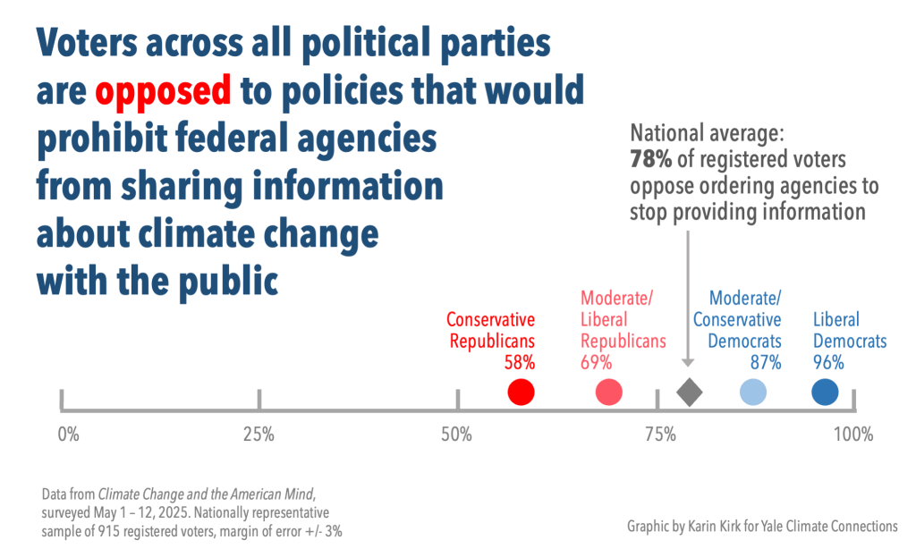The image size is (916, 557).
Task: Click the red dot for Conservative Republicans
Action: tap(521, 392)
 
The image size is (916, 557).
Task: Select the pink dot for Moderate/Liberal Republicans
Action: tap(608, 392)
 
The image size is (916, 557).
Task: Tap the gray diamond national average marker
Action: tap(689, 392)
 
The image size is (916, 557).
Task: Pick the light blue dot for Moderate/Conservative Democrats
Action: tap(753, 392)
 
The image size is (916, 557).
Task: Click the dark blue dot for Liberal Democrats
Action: tap(825, 392)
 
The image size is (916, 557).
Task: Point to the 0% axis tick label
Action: tap(68, 435)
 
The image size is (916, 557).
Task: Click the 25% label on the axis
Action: tap(259, 435)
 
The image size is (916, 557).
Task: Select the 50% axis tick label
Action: tap(457, 435)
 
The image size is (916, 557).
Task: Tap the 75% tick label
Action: tap(660, 435)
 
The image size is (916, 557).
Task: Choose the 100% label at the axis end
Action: tap(853, 435)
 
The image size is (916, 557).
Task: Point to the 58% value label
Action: tap(519, 362)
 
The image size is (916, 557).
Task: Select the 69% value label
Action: tap(596, 362)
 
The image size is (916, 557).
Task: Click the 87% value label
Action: tap(766, 362)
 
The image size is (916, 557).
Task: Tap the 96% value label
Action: tap(828, 362)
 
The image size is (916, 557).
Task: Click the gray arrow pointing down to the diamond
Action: tap(687, 295)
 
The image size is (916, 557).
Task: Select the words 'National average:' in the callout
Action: tap(707, 135)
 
